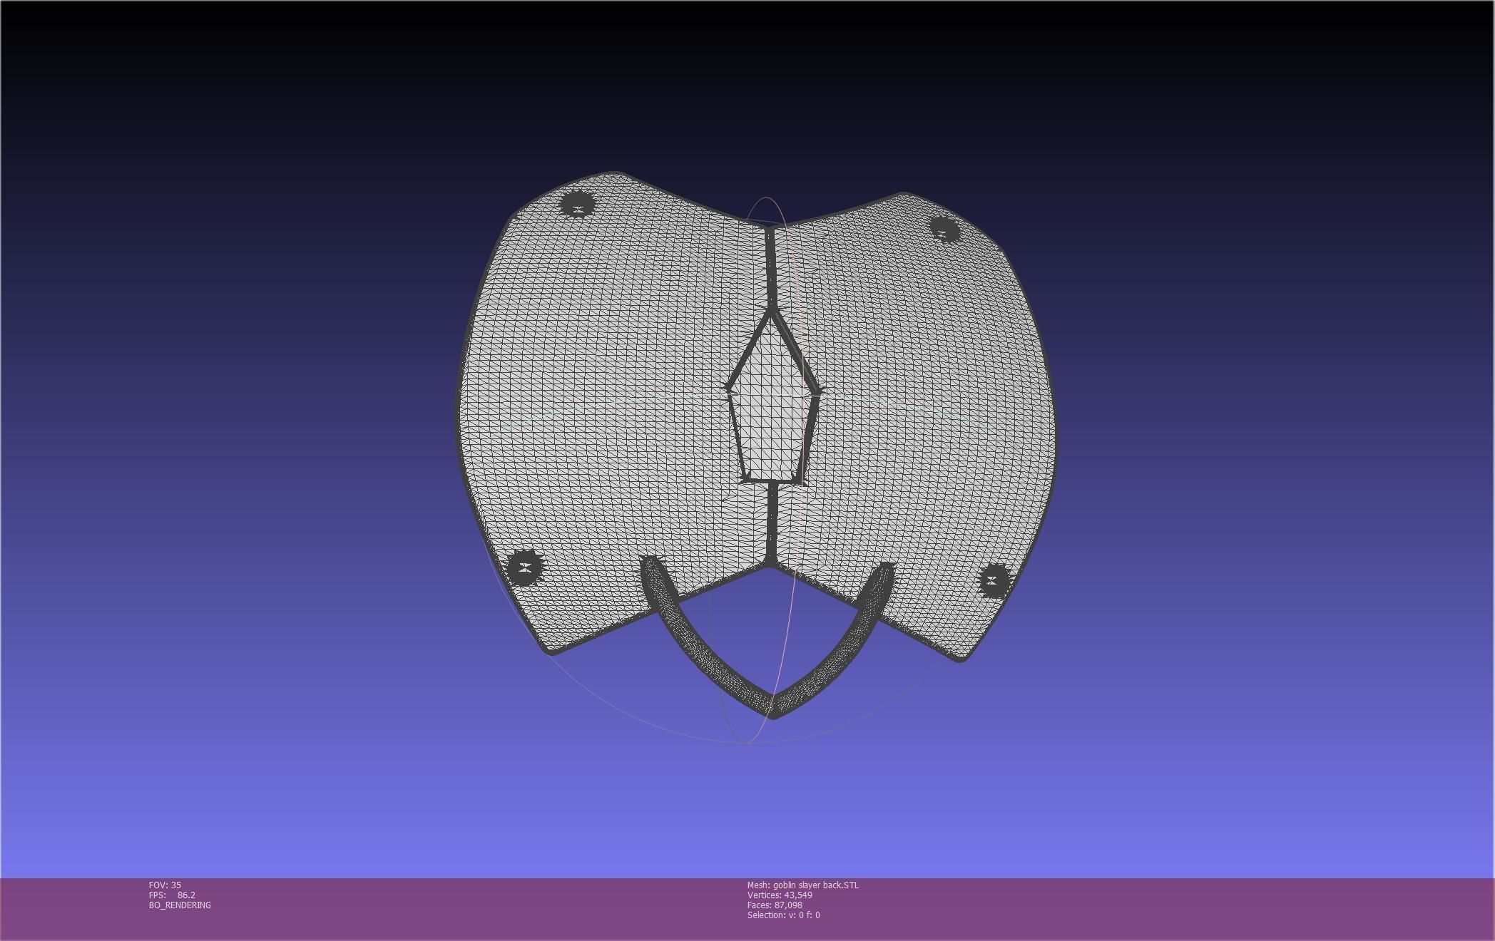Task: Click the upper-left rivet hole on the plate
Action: coord(577,205)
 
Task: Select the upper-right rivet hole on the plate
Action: coord(945,230)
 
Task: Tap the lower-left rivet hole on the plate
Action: coord(526,568)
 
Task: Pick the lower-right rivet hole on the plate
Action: coord(994,580)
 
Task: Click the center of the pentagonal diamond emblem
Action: coord(773,406)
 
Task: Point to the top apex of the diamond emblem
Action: coord(771,311)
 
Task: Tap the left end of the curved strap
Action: coord(649,565)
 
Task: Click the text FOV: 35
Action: coord(165,885)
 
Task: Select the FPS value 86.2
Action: coord(186,895)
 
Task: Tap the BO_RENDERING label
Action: coord(180,905)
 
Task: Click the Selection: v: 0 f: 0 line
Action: coord(783,915)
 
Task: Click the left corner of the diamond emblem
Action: coord(728,387)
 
